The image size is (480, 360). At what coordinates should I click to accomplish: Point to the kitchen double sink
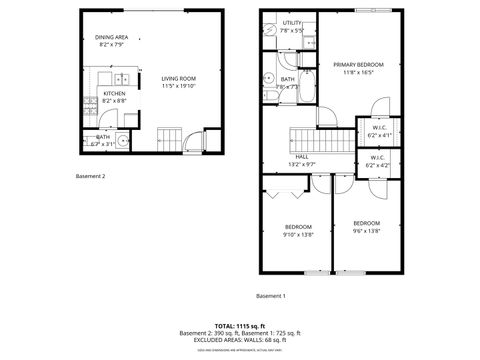click(121, 78)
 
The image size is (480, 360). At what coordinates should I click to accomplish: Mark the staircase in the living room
click(170, 137)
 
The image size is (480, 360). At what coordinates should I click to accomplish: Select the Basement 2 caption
click(90, 176)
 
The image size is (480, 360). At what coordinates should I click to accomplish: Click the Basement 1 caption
click(270, 296)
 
